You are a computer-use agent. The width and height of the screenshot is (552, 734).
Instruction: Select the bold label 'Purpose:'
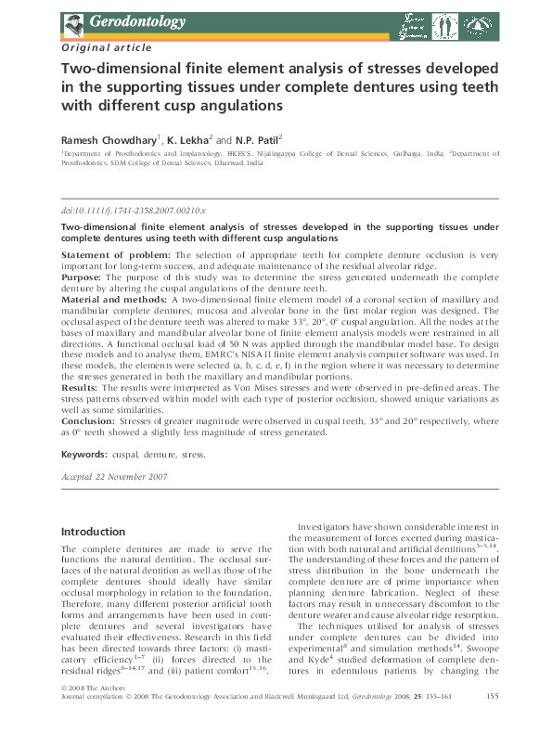83,277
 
